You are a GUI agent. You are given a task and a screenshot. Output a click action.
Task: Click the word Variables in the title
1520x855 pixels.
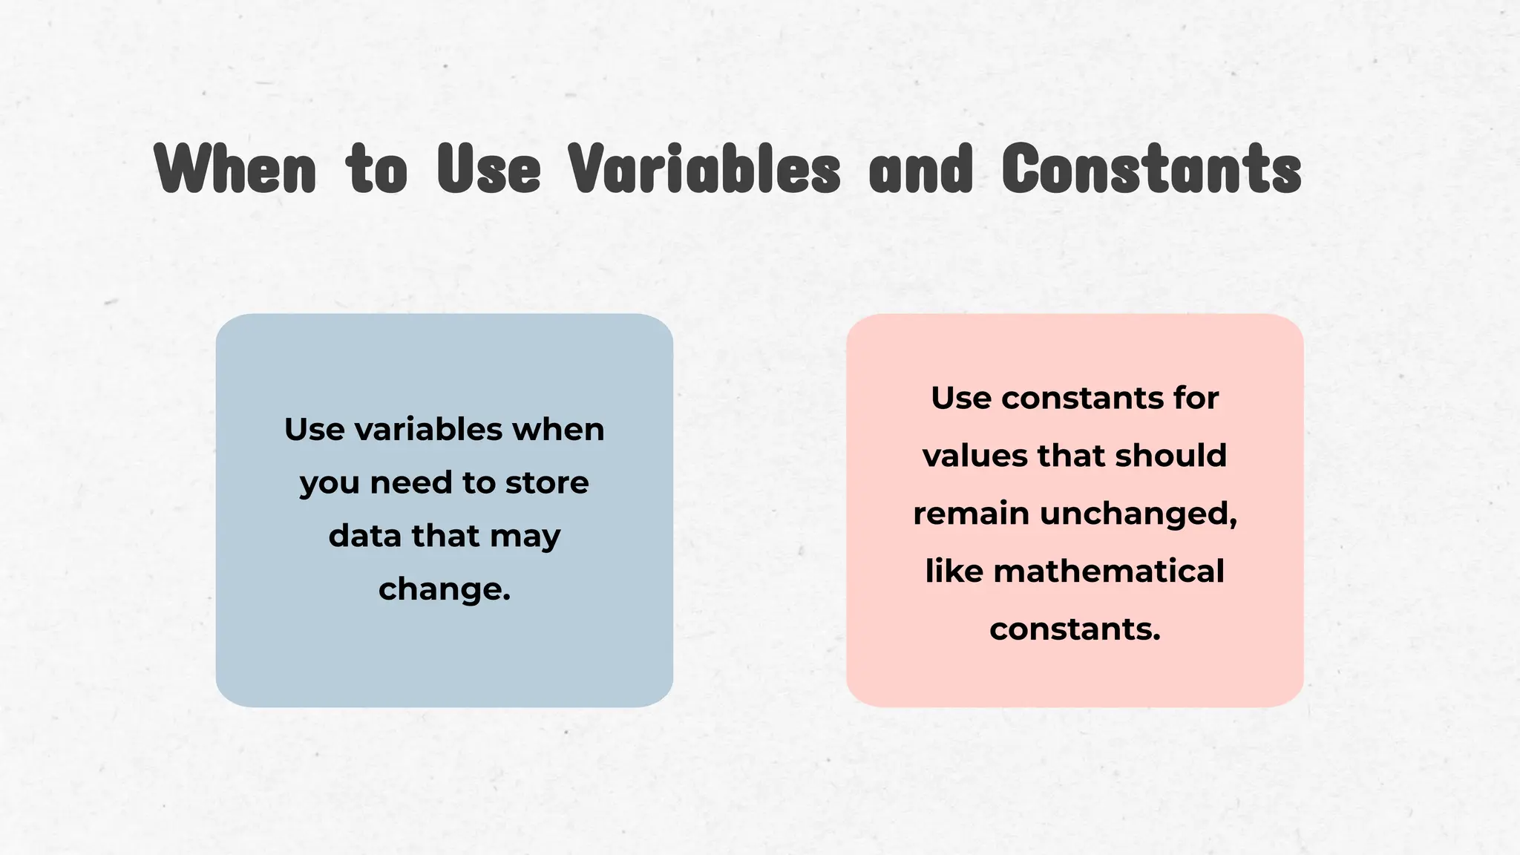click(x=704, y=169)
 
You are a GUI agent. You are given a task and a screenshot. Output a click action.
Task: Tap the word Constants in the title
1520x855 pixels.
click(x=1151, y=169)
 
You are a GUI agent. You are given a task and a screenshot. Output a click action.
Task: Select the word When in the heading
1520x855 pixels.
click(x=236, y=169)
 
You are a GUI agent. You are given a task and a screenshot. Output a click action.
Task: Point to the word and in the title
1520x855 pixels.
click(x=920, y=169)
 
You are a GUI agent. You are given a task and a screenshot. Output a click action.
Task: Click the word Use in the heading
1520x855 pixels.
click(x=489, y=169)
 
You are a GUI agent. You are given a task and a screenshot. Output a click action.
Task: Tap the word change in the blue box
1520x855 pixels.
click(x=443, y=589)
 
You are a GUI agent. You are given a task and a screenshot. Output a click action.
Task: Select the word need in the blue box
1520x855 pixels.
click(x=411, y=482)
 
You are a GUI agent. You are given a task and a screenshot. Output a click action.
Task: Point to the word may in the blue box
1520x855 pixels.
click(x=525, y=537)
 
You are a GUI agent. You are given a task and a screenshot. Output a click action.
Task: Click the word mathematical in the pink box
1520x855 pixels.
click(x=1109, y=571)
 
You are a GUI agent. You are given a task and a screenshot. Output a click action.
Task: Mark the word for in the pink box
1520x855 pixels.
click(x=1196, y=398)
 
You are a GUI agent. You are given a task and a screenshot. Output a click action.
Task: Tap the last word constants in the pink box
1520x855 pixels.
click(x=1074, y=629)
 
